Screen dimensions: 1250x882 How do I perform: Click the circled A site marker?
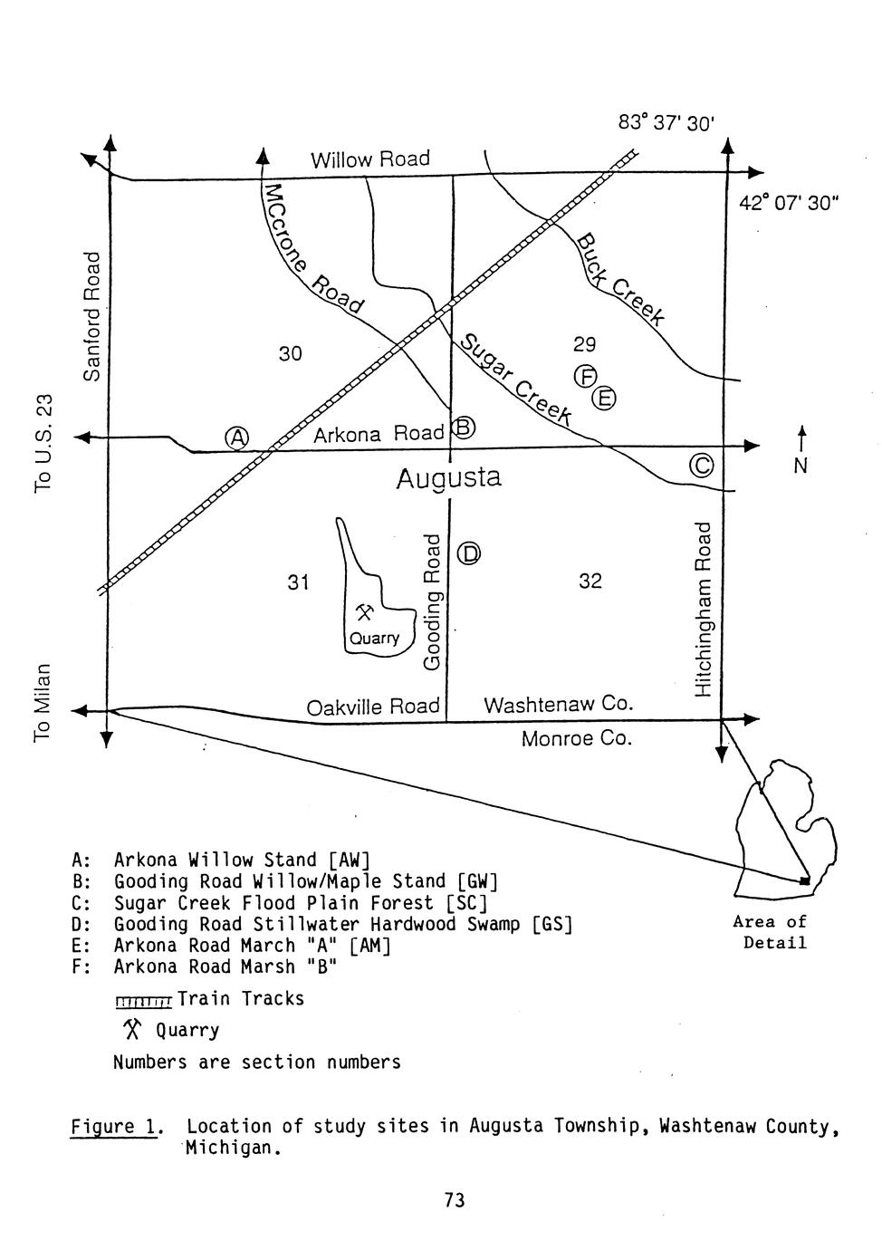[237, 437]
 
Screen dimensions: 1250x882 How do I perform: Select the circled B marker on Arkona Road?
[463, 427]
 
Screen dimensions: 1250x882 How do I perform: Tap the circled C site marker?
[702, 466]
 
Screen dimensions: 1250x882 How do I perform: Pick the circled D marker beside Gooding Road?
[468, 553]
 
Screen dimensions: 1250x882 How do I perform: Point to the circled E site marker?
[604, 398]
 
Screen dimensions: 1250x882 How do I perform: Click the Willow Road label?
[369, 159]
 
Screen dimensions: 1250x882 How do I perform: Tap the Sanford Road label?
[91, 315]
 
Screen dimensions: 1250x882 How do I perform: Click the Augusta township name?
[448, 477]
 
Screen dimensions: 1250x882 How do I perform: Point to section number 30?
[290, 353]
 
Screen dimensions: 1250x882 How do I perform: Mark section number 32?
[590, 581]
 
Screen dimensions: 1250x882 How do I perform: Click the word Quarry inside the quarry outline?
[374, 638]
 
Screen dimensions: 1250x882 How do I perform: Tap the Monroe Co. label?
[576, 739]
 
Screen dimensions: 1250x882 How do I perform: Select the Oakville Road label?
[372, 707]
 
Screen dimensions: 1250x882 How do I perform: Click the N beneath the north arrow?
[801, 466]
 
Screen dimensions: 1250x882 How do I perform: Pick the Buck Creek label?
[621, 278]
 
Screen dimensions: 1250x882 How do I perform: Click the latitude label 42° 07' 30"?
[789, 203]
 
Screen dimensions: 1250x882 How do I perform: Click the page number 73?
[455, 1200]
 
